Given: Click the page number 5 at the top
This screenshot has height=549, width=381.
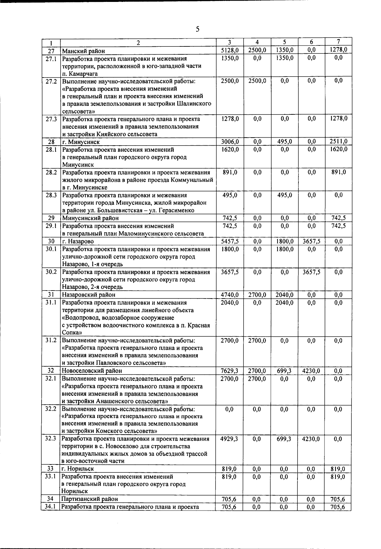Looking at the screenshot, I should click(x=197, y=30).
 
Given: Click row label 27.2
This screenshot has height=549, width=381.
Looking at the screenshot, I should click(x=51, y=81).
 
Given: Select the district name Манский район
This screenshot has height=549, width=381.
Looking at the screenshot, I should click(x=84, y=51).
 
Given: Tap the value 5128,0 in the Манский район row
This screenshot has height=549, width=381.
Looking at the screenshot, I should click(x=230, y=50).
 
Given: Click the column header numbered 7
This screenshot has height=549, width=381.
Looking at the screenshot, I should click(x=338, y=42).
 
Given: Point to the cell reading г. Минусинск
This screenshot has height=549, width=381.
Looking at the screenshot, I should click(x=81, y=142).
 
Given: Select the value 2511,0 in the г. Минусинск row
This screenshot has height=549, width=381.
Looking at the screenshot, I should click(x=338, y=141).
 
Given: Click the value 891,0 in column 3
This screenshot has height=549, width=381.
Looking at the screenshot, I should click(x=230, y=172).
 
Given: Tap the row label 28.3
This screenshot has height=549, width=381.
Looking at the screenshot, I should click(x=51, y=195).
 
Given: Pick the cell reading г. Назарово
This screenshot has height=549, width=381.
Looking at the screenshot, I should click(x=78, y=241).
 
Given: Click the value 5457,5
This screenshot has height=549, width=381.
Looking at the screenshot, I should click(x=230, y=241).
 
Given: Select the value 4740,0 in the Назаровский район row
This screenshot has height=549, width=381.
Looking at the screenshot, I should click(x=230, y=295).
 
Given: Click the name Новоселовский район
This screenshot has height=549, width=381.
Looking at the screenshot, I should click(x=92, y=371).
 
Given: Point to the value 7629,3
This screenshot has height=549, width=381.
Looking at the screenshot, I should click(x=230, y=371).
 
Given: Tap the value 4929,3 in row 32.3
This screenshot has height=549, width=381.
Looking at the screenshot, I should click(x=229, y=439).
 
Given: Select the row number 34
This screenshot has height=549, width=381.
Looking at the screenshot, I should click(x=50, y=499).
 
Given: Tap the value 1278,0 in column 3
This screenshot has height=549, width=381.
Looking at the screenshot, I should click(x=230, y=119).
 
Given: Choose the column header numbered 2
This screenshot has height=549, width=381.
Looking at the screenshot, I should click(x=138, y=43).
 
